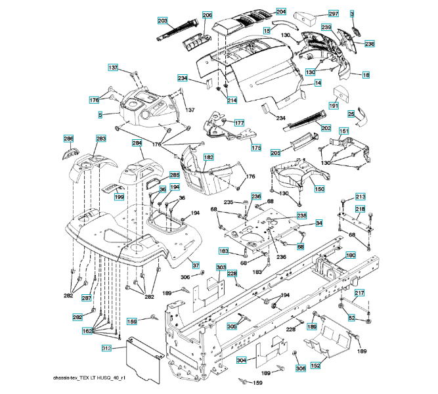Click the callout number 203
pos(162,21)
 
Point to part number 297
pos(333,13)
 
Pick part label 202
pos(326,127)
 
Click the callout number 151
pos(343,132)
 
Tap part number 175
pos(256,148)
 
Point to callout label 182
pos(208,158)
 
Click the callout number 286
pos(68,139)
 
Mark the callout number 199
pos(119,196)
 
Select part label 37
pos(195,265)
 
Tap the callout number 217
pos(359,292)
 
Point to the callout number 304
pos(241,361)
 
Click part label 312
pos(107,347)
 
